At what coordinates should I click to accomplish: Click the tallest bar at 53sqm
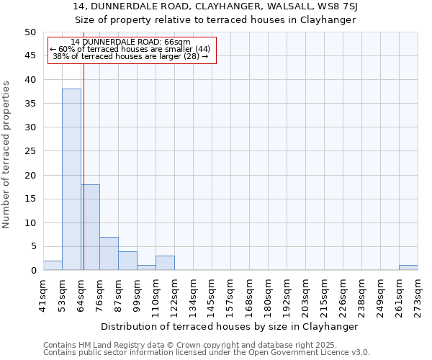[x=71, y=179]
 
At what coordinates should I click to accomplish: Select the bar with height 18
[x=90, y=227]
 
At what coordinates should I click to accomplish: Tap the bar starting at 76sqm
[x=109, y=253]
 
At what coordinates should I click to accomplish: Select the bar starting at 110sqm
[x=165, y=263]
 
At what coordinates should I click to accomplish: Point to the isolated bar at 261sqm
[x=408, y=268]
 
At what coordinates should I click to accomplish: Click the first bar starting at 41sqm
[x=53, y=266]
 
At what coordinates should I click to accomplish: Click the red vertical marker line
[x=84, y=144]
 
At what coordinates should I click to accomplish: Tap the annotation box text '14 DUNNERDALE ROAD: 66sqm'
[x=131, y=42]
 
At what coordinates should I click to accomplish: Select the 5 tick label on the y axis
[x=32, y=246]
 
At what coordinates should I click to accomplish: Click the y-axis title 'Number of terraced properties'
[x=7, y=154]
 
